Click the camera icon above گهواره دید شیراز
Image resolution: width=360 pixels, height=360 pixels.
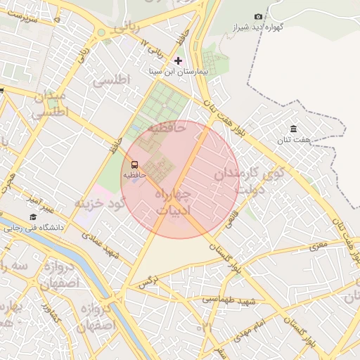click(258, 17)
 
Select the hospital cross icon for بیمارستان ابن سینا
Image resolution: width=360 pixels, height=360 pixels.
click(178, 61)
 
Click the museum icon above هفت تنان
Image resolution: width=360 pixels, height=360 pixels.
click(293, 129)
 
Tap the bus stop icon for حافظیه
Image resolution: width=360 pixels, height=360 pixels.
click(134, 165)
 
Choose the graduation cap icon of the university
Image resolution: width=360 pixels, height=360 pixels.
click(32, 217)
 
